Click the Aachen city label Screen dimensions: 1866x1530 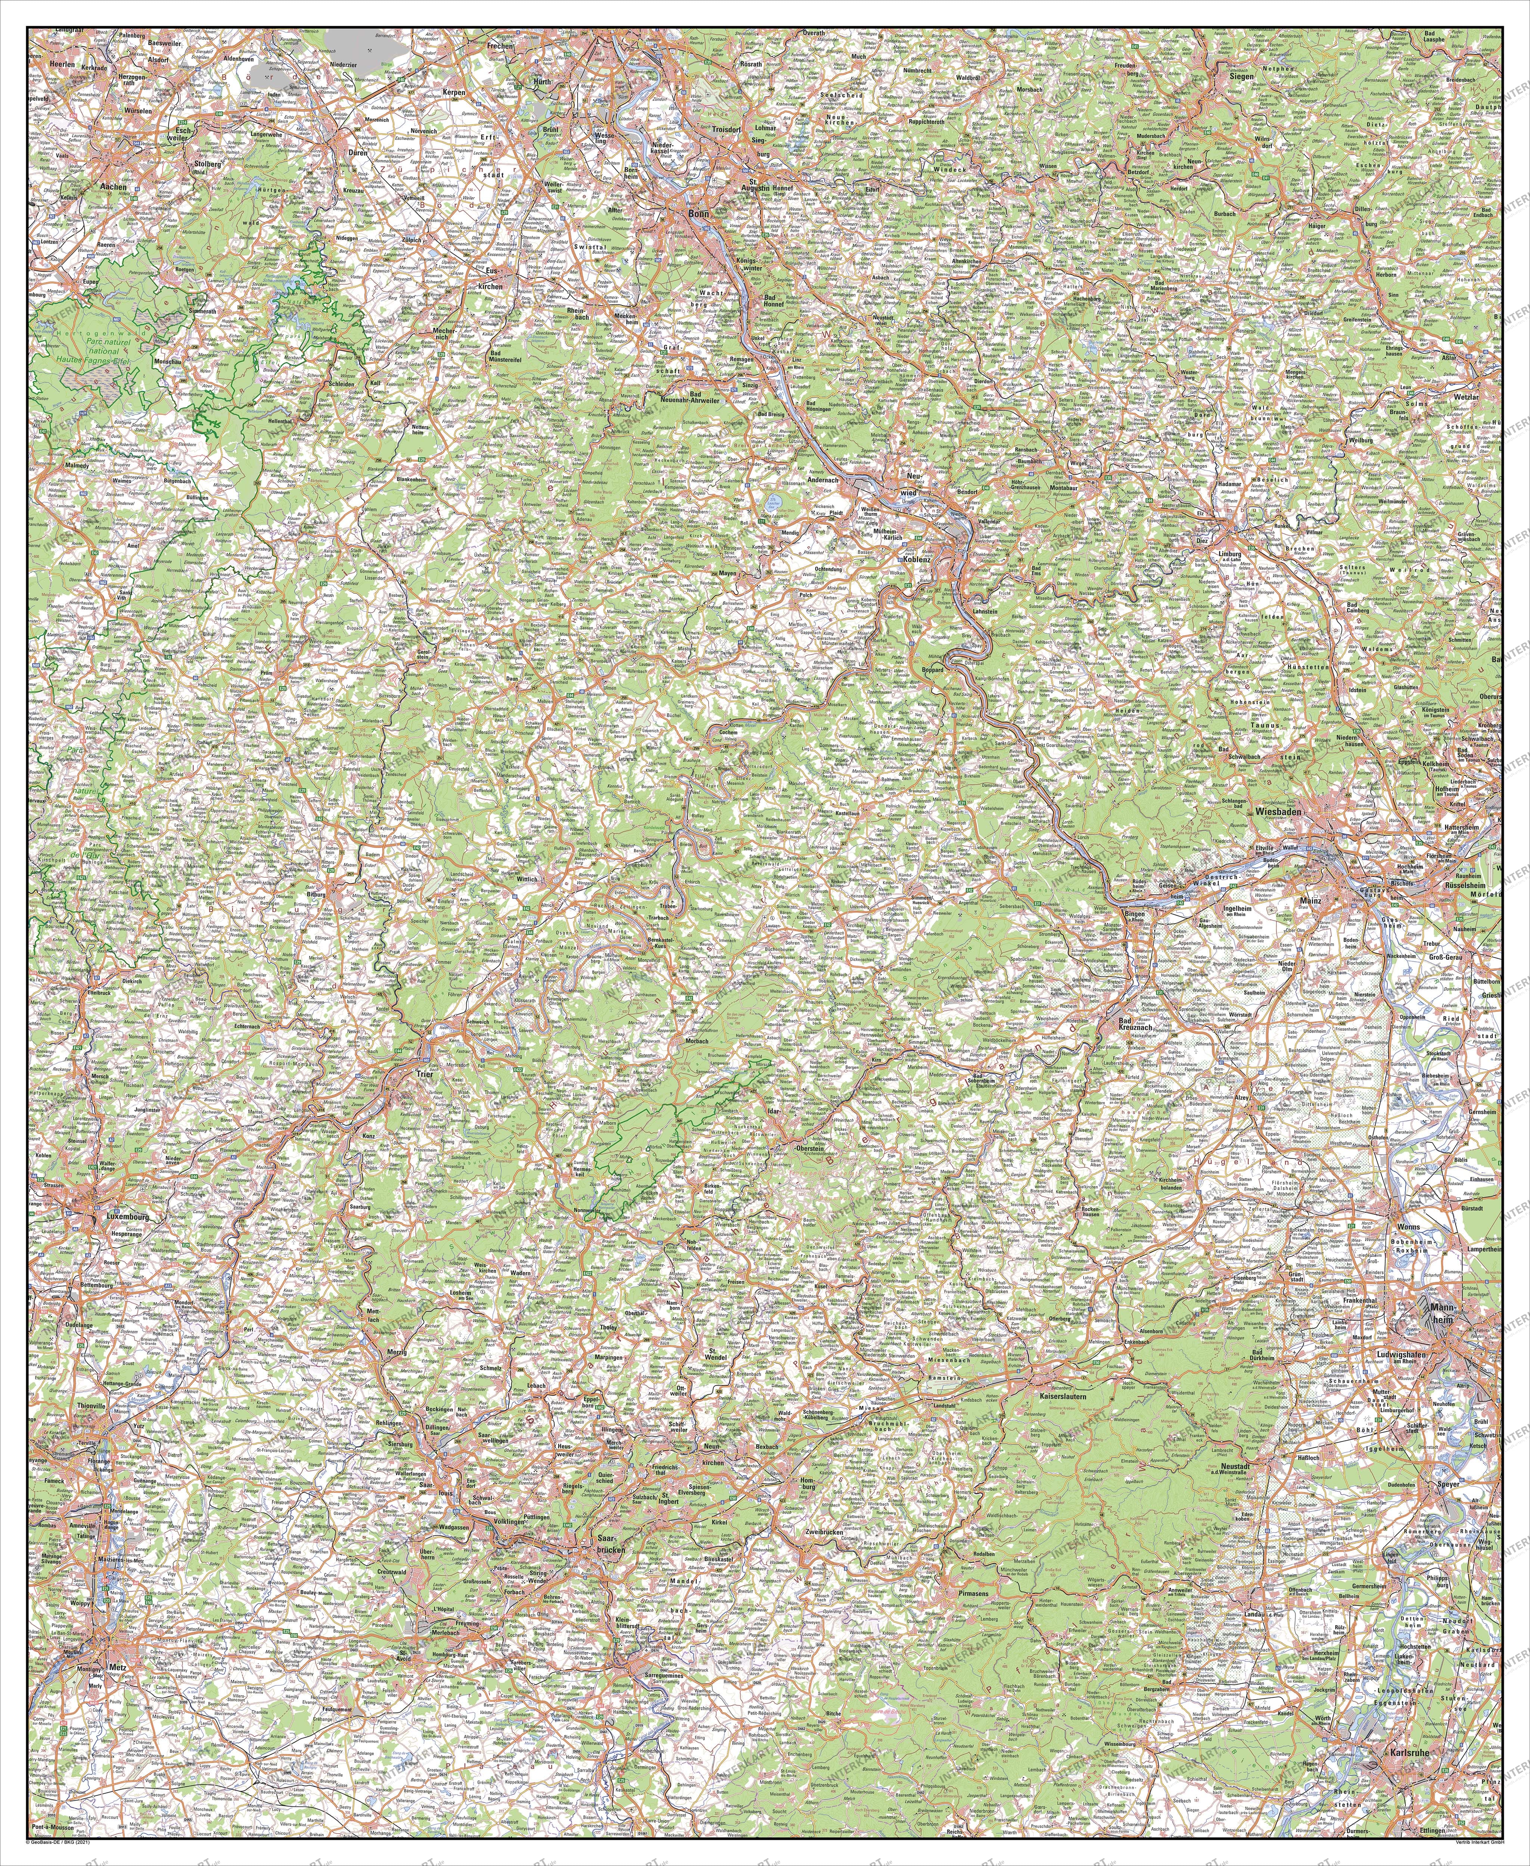click(x=114, y=187)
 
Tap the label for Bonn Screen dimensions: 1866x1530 click(x=699, y=213)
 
